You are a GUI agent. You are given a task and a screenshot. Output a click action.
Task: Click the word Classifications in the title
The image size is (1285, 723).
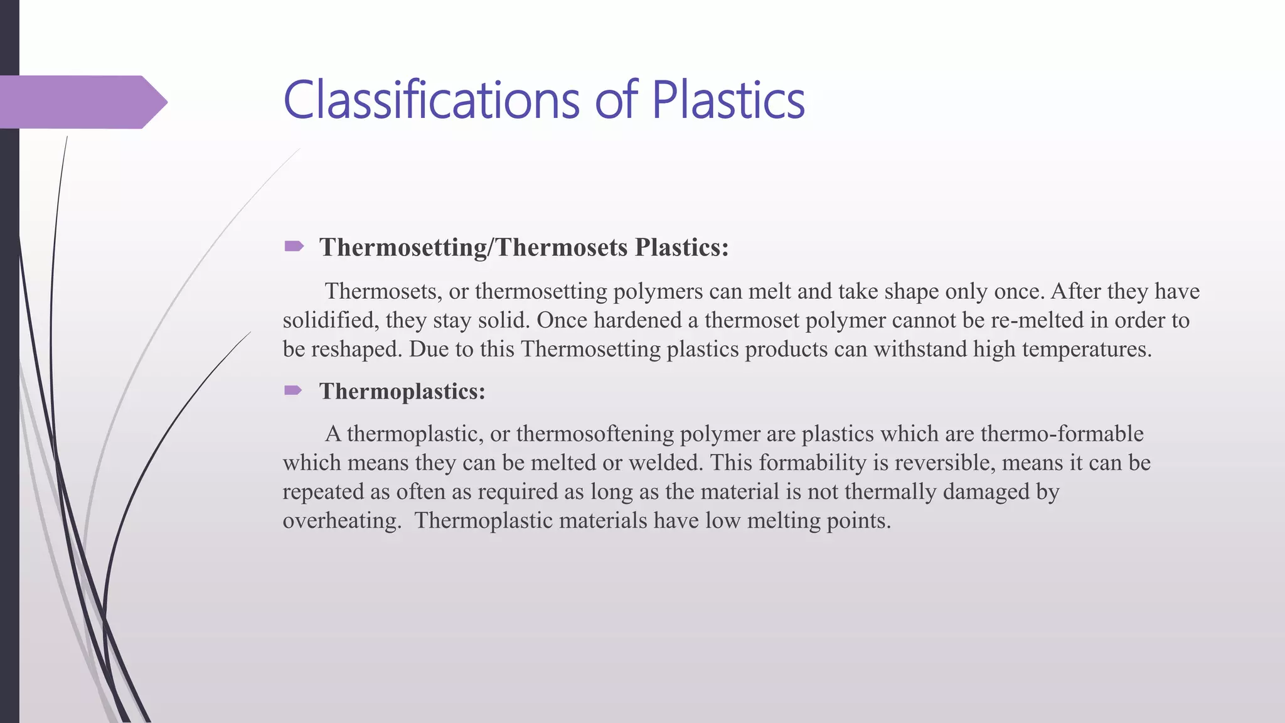(431, 100)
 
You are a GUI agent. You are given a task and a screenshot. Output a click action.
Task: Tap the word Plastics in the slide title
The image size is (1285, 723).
(728, 100)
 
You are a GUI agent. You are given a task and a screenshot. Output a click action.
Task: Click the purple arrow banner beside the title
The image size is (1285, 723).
(82, 102)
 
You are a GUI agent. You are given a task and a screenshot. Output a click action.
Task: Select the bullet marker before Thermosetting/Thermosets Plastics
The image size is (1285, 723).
(294, 246)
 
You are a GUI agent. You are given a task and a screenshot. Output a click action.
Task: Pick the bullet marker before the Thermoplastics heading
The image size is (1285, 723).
(293, 391)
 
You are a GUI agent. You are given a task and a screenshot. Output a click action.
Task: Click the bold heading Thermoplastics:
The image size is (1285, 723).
(402, 392)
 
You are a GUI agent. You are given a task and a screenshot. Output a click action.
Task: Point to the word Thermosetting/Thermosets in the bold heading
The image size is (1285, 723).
(474, 247)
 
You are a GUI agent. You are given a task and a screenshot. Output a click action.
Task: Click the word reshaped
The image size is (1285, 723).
(356, 349)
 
